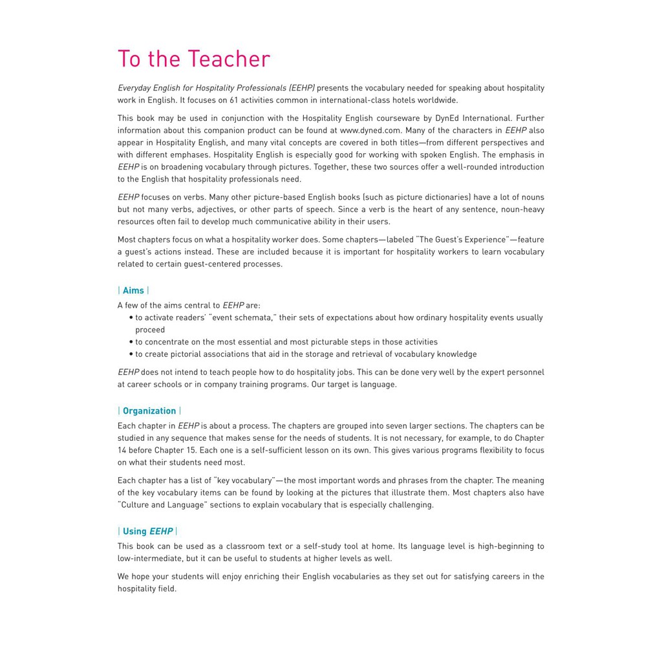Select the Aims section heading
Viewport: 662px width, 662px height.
click(x=133, y=290)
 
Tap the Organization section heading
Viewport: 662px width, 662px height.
click(x=149, y=411)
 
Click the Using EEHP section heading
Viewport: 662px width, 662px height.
click(x=147, y=531)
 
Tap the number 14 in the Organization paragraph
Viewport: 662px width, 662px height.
click(x=122, y=450)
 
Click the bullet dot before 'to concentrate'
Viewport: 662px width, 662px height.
click(x=131, y=342)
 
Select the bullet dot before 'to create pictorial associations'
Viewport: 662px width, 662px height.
click(x=131, y=354)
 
